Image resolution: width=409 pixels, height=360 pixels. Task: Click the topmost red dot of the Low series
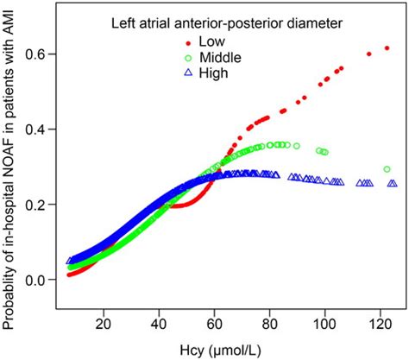pos(387,48)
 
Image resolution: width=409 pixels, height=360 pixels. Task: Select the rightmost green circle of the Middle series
pos(387,169)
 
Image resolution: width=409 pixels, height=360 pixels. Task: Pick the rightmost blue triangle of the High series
pos(393,184)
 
